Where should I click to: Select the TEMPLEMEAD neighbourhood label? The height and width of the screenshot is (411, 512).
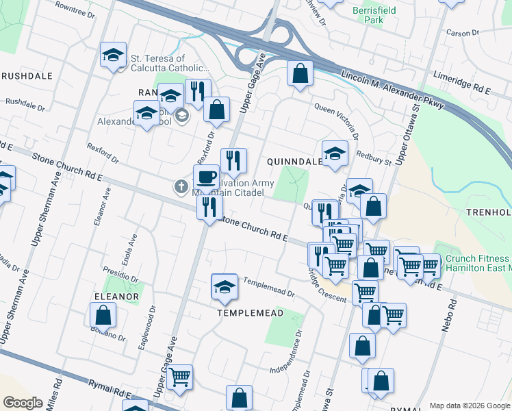click(x=250, y=312)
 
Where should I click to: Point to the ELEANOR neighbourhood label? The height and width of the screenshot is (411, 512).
click(x=117, y=297)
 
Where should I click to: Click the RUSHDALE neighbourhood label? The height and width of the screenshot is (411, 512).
click(x=27, y=76)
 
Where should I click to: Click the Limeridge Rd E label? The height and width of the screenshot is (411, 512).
click(x=462, y=82)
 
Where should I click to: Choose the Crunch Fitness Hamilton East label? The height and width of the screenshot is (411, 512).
click(x=478, y=264)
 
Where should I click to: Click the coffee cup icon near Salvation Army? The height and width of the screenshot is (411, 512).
click(x=206, y=178)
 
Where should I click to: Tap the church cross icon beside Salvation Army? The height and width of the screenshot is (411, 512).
click(x=181, y=186)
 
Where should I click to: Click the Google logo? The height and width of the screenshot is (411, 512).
click(x=23, y=403)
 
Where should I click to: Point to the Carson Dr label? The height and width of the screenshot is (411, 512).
click(x=463, y=33)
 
